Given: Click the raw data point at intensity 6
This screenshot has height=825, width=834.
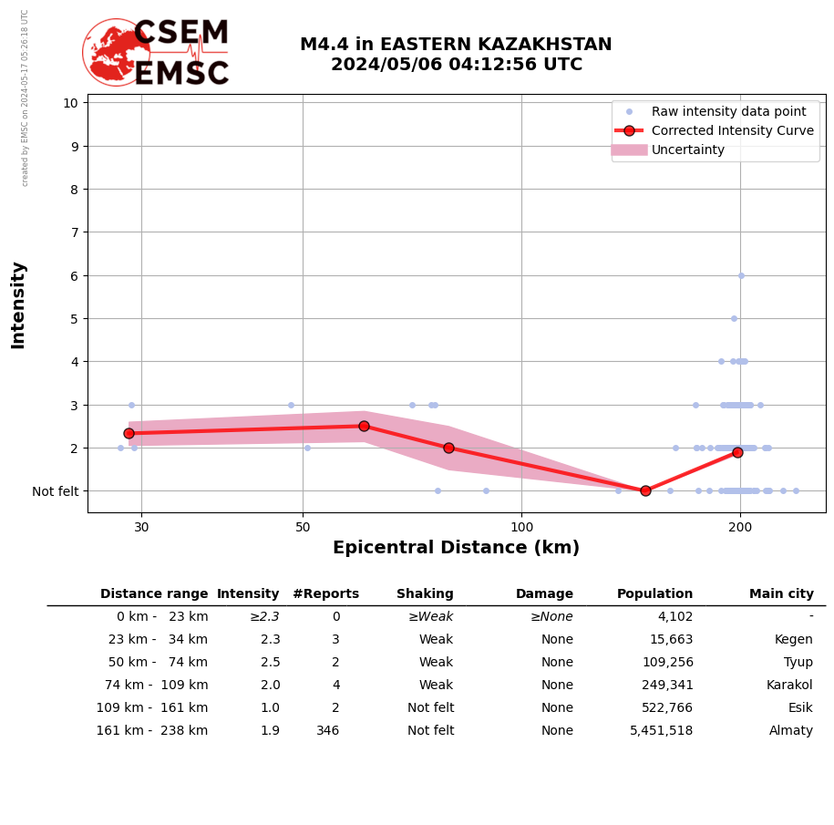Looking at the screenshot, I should click(x=741, y=275).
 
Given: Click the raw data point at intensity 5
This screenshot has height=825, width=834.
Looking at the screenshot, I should click(x=734, y=318).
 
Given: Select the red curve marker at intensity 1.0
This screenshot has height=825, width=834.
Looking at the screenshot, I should click(x=645, y=490).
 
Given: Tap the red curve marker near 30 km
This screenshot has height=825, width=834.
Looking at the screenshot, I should click(x=129, y=433).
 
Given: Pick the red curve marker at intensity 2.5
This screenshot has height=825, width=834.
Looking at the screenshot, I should click(x=364, y=426).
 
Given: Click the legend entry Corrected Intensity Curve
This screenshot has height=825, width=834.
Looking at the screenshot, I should click(x=732, y=130).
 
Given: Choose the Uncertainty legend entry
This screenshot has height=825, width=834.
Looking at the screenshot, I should click(x=687, y=150).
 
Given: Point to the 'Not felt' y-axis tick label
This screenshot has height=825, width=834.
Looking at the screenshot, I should click(x=55, y=491).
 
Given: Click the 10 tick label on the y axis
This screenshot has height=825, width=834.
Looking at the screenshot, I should click(x=69, y=102).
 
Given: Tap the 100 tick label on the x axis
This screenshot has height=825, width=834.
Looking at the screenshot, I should click(x=521, y=526).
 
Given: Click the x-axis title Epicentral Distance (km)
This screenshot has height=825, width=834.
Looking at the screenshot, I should click(x=456, y=548).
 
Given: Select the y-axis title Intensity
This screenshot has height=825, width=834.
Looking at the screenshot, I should click(x=18, y=304).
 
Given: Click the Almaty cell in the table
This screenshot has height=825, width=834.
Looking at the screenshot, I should click(x=790, y=731).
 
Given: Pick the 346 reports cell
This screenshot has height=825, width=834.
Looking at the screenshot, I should click(x=327, y=731).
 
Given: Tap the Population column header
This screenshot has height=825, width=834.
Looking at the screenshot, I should click(x=654, y=594).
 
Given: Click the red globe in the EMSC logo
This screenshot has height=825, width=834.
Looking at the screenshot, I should click(x=115, y=52).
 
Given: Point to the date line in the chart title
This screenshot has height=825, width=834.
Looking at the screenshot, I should click(x=456, y=65).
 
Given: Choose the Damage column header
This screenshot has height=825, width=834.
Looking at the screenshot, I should click(x=544, y=594).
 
